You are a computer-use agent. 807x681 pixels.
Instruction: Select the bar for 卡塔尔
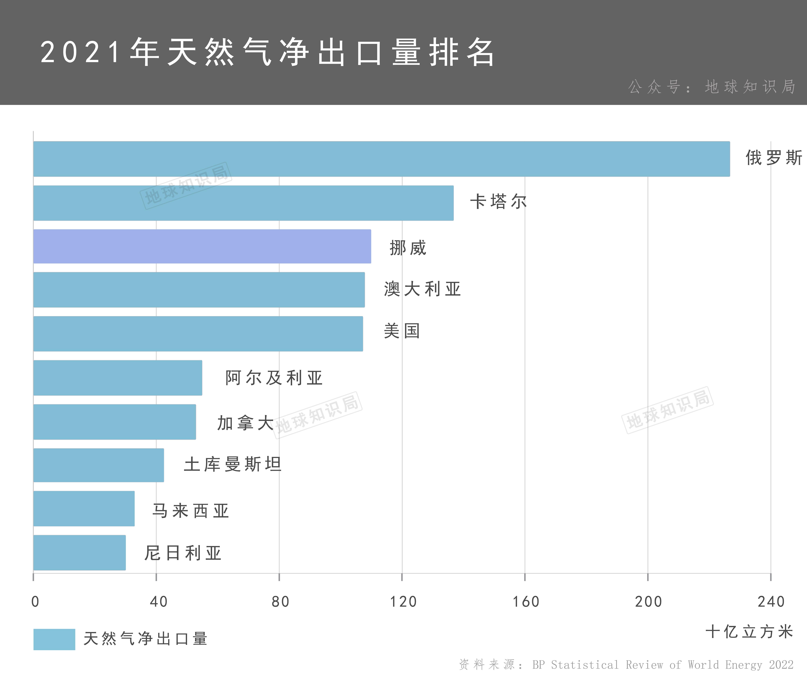click(243, 203)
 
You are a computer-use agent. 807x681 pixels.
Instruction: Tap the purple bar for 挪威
click(202, 246)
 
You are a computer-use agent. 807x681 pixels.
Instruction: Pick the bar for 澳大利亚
click(199, 289)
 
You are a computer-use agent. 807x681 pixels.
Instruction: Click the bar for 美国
click(198, 334)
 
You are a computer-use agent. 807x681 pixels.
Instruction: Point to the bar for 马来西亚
click(84, 508)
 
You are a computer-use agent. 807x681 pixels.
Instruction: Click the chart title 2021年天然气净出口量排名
click(267, 52)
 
